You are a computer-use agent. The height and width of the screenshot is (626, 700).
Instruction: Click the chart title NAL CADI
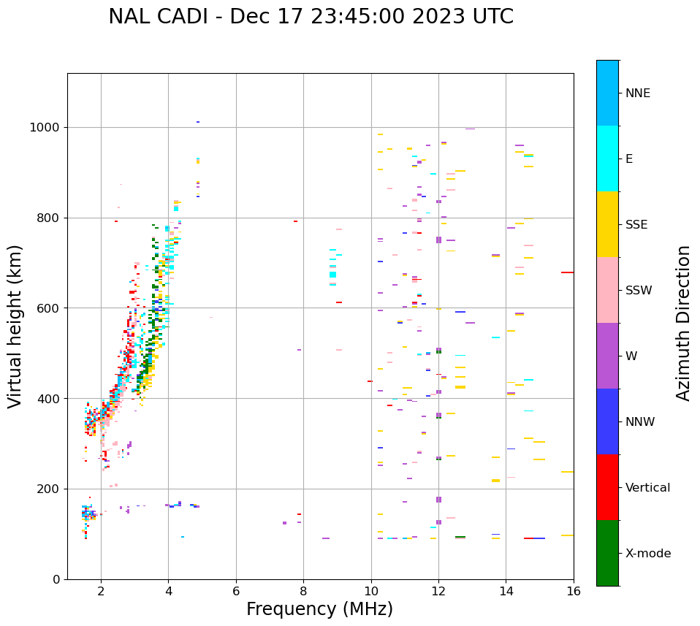click(x=311, y=17)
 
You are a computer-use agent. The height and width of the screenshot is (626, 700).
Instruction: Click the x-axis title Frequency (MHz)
click(x=319, y=609)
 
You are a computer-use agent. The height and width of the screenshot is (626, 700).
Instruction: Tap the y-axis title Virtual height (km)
click(x=15, y=327)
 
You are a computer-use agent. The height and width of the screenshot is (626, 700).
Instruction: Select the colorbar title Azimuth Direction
click(x=683, y=323)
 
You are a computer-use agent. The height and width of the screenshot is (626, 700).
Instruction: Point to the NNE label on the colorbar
click(x=637, y=93)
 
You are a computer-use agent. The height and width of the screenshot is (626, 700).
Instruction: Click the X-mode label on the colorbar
click(x=647, y=554)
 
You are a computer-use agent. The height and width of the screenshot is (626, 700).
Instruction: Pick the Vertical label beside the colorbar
click(x=647, y=488)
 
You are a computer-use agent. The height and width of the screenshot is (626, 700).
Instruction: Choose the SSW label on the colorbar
click(x=639, y=291)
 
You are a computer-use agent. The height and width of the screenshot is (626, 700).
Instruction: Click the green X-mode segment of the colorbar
click(x=607, y=553)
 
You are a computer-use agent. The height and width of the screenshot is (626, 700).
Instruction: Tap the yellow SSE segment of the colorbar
click(x=607, y=224)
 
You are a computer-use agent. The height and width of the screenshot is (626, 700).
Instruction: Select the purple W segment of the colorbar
click(x=607, y=356)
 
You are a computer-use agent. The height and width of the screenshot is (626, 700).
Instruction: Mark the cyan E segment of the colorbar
click(x=607, y=159)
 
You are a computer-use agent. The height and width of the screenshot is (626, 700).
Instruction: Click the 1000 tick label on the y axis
click(x=45, y=128)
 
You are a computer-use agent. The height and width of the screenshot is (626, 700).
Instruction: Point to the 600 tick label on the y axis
click(x=49, y=308)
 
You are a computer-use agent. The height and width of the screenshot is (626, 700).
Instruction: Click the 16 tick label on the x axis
click(x=574, y=591)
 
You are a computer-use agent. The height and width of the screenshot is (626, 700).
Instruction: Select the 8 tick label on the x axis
click(x=303, y=591)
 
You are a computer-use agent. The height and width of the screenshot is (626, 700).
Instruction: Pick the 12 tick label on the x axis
click(x=438, y=591)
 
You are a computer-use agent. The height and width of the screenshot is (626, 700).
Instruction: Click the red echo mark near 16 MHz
click(x=567, y=272)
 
